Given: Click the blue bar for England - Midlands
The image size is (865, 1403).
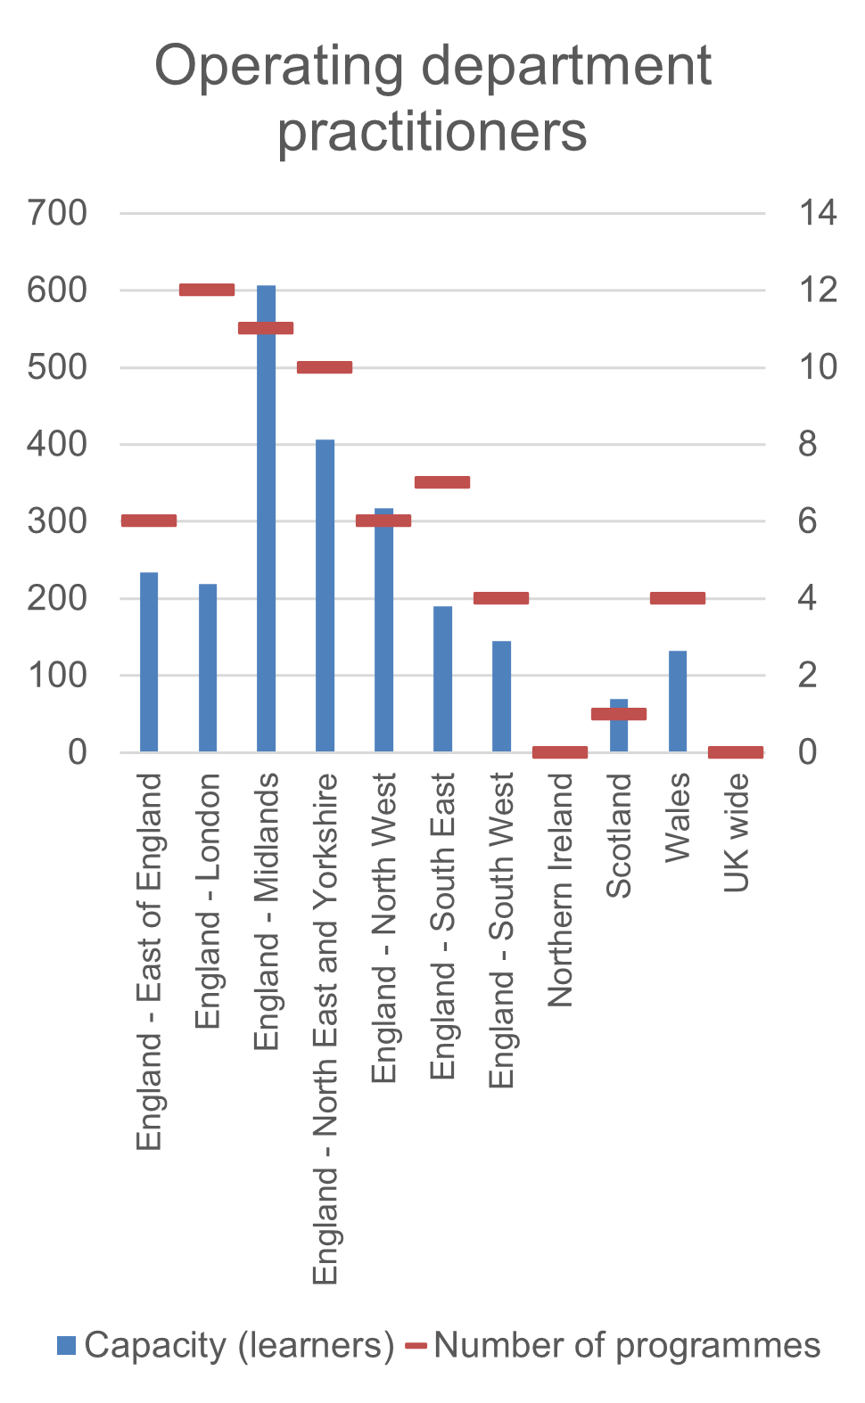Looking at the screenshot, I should click(x=266, y=535).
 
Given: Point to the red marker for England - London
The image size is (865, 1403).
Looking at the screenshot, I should click(x=207, y=290).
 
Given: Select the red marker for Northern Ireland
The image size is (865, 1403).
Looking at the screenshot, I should click(x=560, y=752).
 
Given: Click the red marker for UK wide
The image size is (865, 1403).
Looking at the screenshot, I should click(x=736, y=752).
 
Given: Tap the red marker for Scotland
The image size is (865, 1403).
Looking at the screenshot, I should click(x=619, y=713).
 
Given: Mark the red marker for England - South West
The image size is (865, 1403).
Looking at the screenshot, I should click(x=501, y=598).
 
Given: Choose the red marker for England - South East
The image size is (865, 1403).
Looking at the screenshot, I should click(x=442, y=482).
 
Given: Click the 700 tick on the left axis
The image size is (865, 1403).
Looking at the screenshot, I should click(x=57, y=214).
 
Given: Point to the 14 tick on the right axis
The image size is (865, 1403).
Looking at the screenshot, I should click(x=818, y=214).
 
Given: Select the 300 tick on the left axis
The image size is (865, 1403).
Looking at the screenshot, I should click(x=57, y=521).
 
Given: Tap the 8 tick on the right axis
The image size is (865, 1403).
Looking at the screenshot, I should click(x=807, y=444).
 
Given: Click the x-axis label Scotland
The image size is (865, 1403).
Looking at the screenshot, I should click(x=619, y=835).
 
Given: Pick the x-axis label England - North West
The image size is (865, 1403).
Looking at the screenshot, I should click(x=383, y=928).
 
